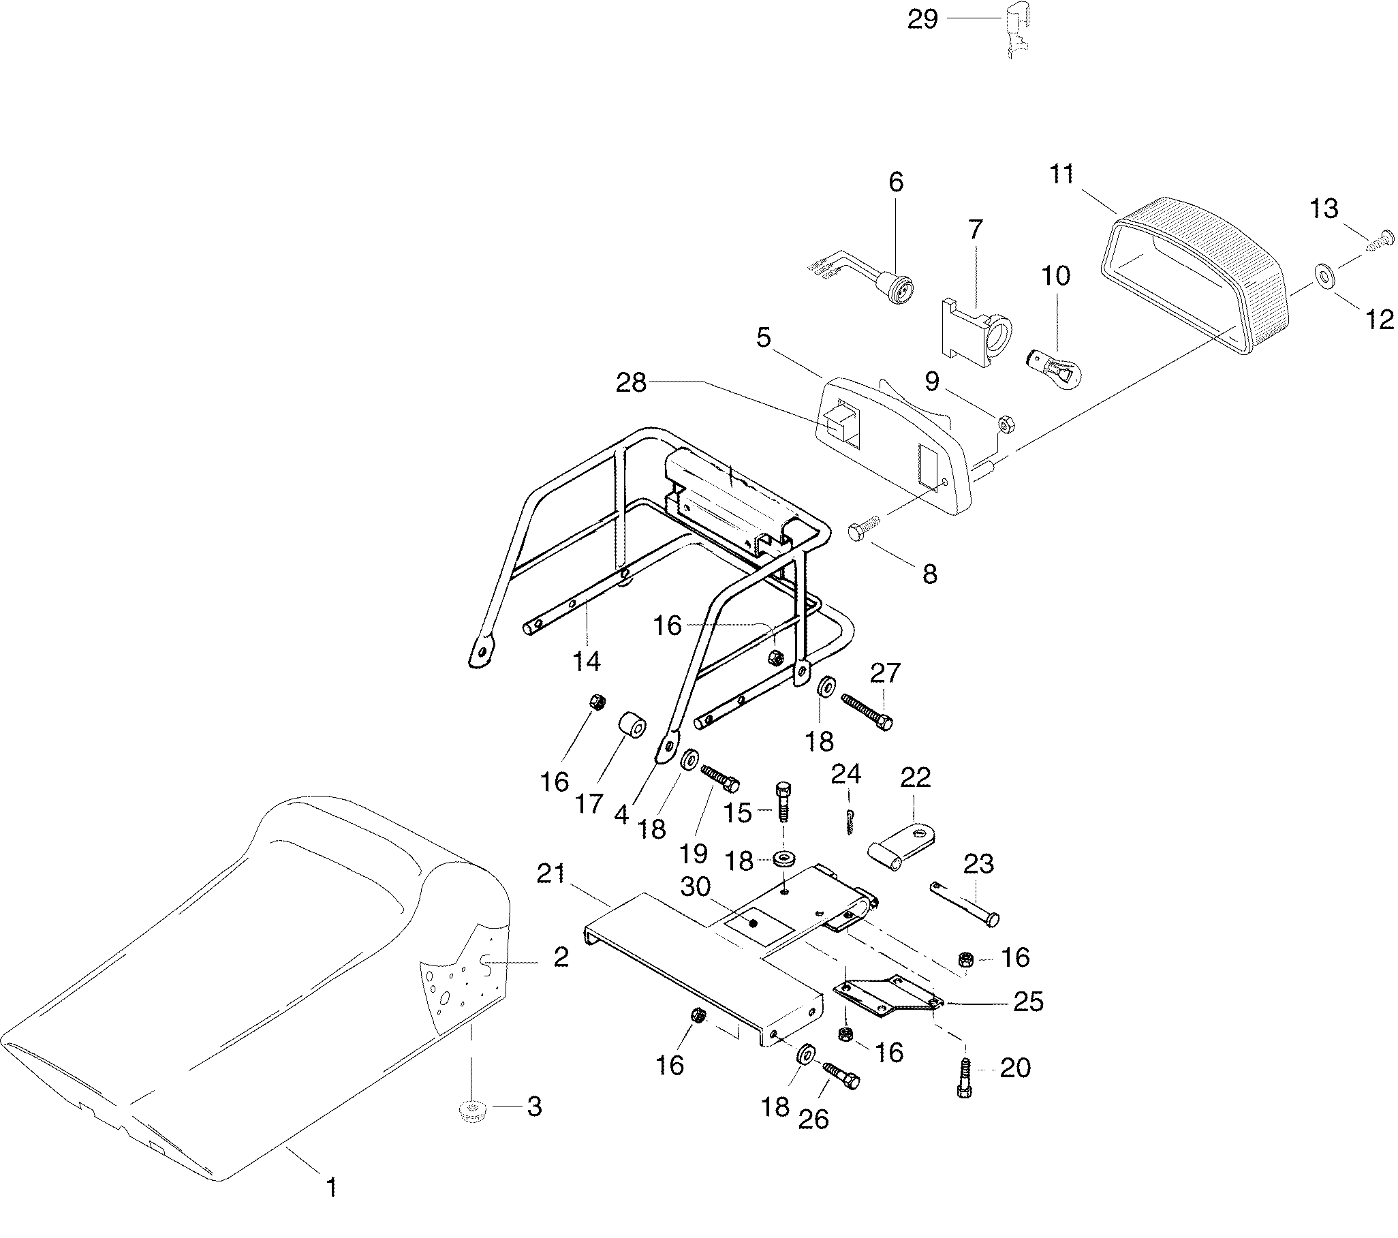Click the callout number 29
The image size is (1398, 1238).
(922, 20)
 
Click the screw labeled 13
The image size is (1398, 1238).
(1379, 242)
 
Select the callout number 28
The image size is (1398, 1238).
(631, 383)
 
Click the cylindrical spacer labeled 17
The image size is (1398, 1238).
(632, 728)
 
